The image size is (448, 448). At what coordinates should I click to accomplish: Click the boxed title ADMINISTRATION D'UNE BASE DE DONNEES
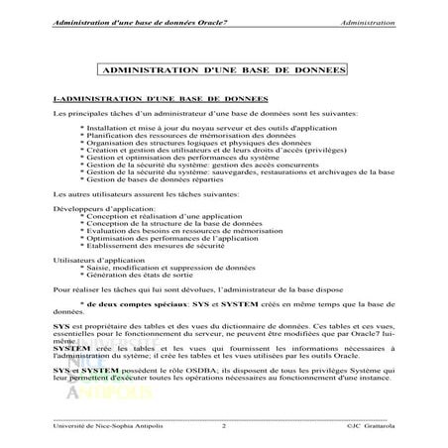[223, 72]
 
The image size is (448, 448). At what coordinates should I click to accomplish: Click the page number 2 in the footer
[224, 426]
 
